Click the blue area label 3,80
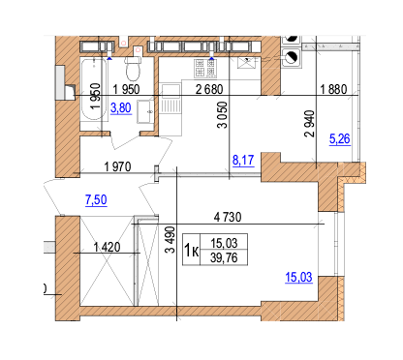pos(121,109)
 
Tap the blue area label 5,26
pos(341,139)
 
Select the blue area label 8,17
pos(242,162)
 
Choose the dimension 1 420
pos(109,249)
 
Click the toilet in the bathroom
pos(135,69)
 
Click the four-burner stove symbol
pos(204,68)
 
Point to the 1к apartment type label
pos(192,250)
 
